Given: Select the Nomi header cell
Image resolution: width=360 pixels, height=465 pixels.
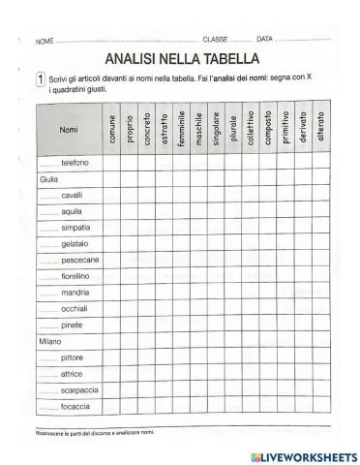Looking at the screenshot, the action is (x=69, y=129).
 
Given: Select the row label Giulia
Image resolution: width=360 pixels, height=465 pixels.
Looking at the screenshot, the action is (x=49, y=179).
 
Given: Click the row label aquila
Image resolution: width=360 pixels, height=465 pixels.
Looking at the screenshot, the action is (x=72, y=210).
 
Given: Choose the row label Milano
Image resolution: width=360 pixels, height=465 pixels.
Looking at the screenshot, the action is (x=49, y=341).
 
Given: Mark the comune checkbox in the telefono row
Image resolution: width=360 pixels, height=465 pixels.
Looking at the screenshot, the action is (x=112, y=163).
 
